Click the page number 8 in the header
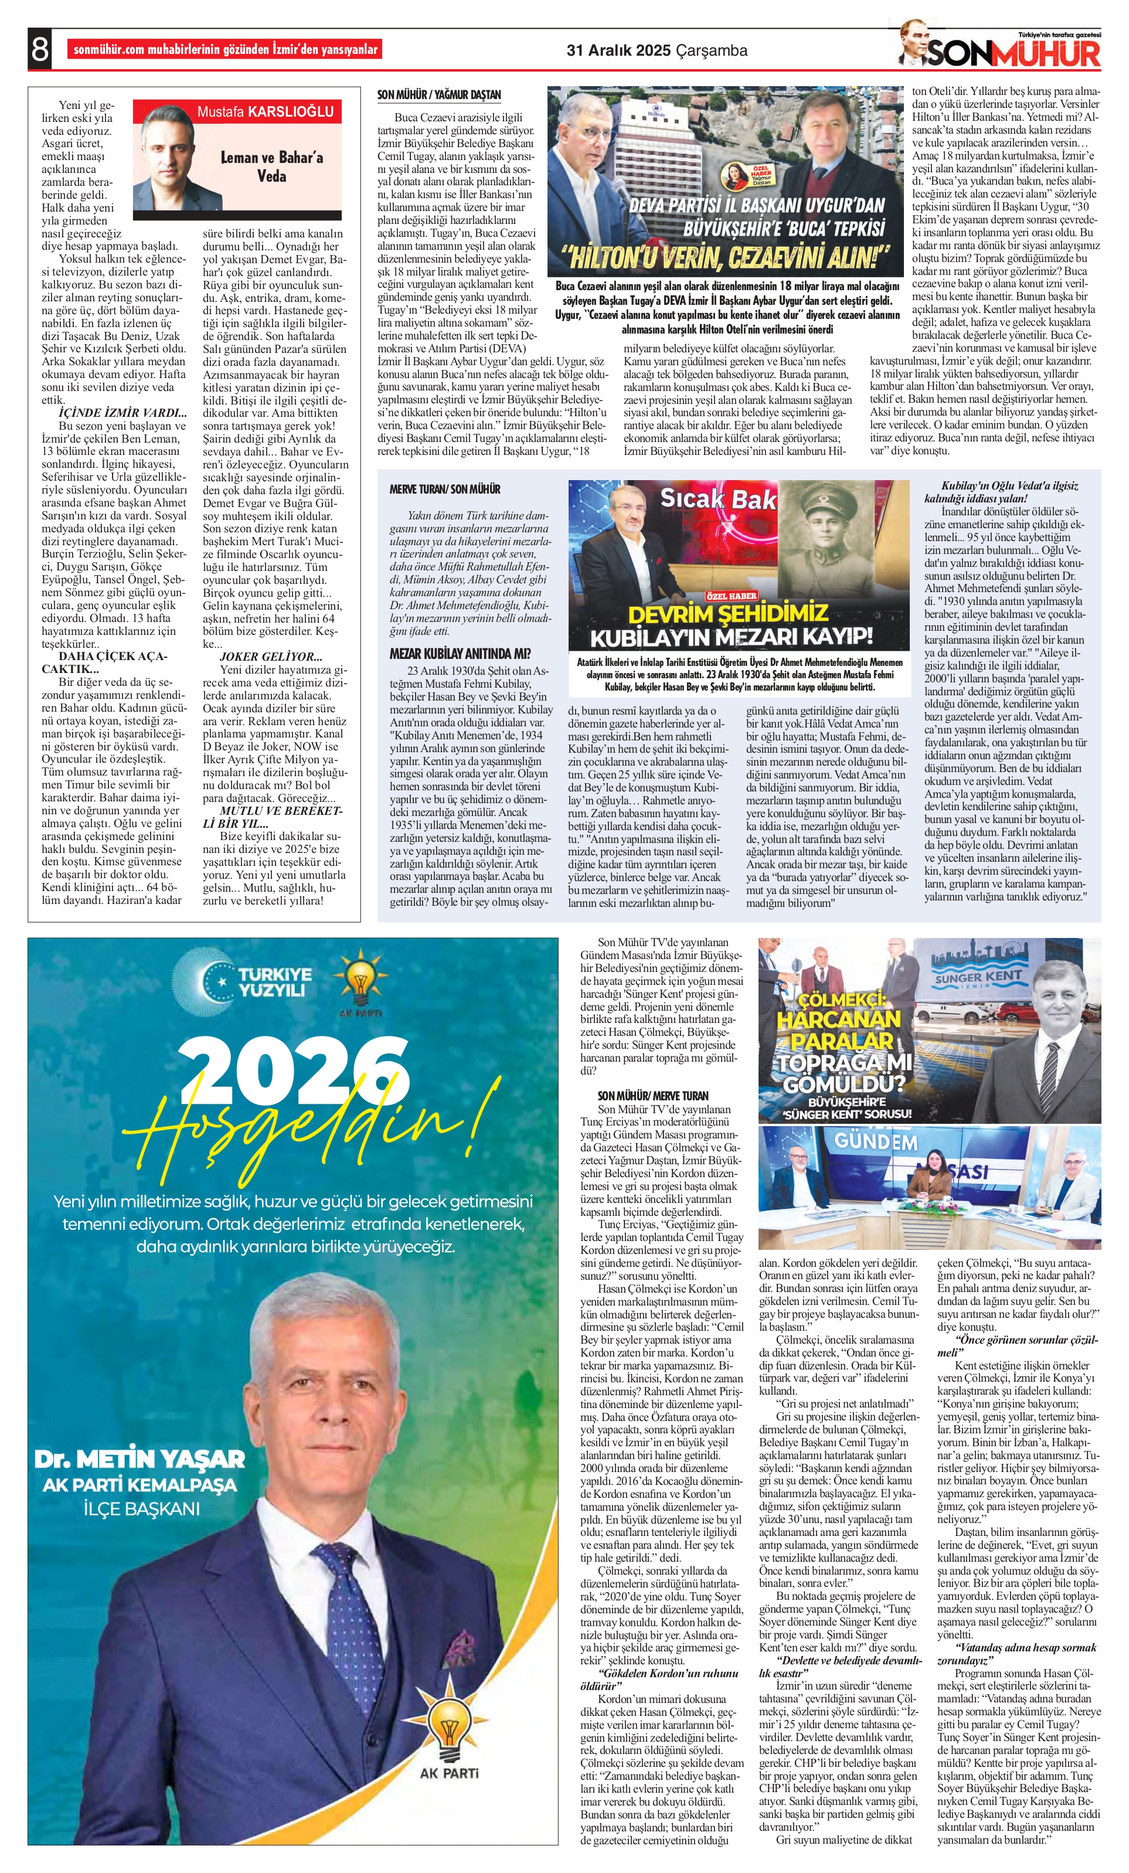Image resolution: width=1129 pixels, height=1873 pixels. (x=39, y=49)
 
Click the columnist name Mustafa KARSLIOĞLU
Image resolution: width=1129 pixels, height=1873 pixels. (x=266, y=112)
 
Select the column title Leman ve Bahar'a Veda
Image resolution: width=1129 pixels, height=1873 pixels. (x=271, y=166)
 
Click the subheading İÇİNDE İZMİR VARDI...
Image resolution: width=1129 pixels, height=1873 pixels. (x=122, y=413)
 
